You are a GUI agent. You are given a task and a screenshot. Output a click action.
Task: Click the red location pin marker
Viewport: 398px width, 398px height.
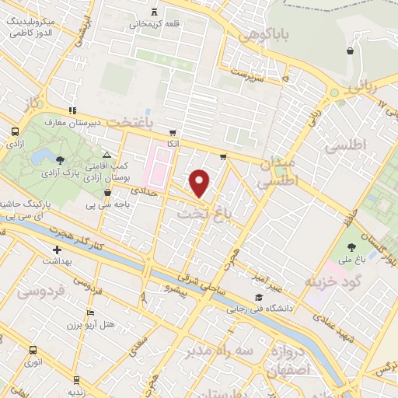[201, 183]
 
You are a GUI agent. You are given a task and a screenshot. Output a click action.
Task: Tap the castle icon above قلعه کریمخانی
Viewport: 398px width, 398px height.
[154, 12]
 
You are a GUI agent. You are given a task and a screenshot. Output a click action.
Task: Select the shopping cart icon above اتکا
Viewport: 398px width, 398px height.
[172, 133]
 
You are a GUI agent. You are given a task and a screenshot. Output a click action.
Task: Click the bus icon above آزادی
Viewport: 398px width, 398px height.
[15, 132]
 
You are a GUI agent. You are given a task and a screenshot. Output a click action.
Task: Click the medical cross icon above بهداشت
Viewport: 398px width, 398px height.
[57, 250]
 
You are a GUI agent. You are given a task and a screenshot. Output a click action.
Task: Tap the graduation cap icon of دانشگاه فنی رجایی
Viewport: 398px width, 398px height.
[258, 298]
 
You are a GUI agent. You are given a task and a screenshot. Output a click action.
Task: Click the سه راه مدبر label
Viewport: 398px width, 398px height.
[219, 352]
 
